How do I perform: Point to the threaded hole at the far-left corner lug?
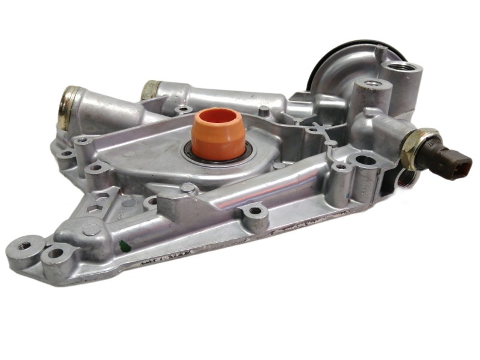(26, 245)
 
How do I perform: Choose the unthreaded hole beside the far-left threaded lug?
(55, 253)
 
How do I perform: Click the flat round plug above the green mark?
(92, 229)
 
